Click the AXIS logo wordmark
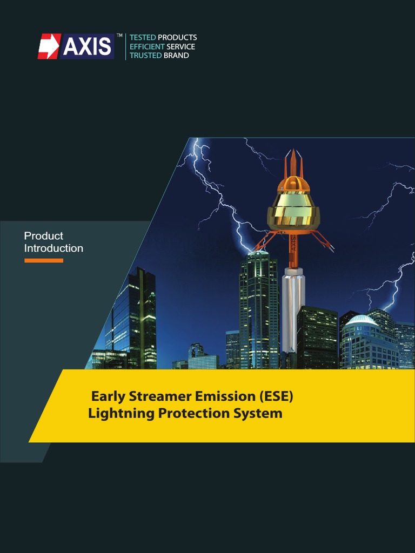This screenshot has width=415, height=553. pos(87,47)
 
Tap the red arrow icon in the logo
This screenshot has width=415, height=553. pos(49,46)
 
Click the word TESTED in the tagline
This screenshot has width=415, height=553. pos(143,37)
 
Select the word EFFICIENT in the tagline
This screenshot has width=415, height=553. pos(147,46)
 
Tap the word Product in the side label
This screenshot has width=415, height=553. pos(43,236)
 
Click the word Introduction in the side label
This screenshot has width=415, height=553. pos(53,248)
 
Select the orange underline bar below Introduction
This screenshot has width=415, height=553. pos(44,260)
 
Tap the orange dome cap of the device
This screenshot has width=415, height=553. pos(293,185)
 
